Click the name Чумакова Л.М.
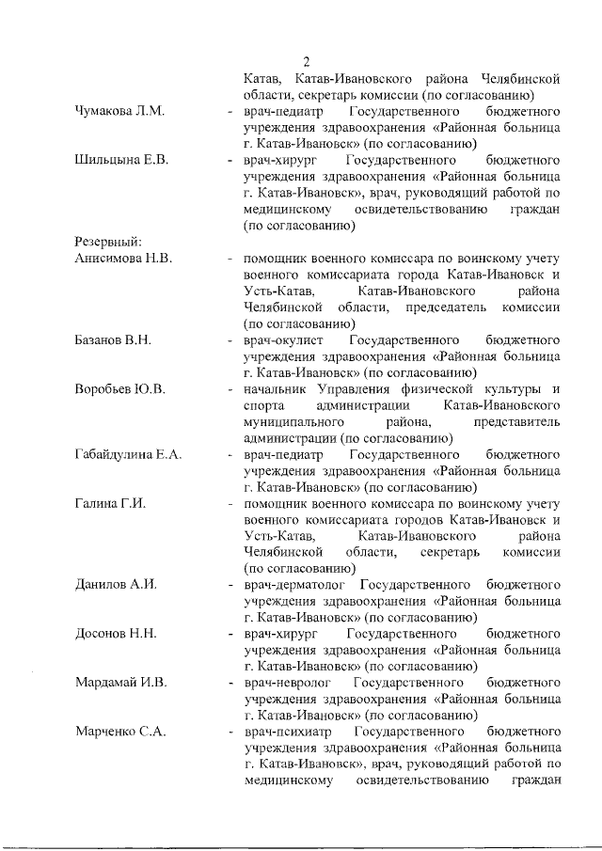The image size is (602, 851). tap(119, 112)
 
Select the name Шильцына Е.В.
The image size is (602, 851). tap(121, 161)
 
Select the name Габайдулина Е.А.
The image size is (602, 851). tap(129, 454)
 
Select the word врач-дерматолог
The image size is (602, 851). tap(297, 585)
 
